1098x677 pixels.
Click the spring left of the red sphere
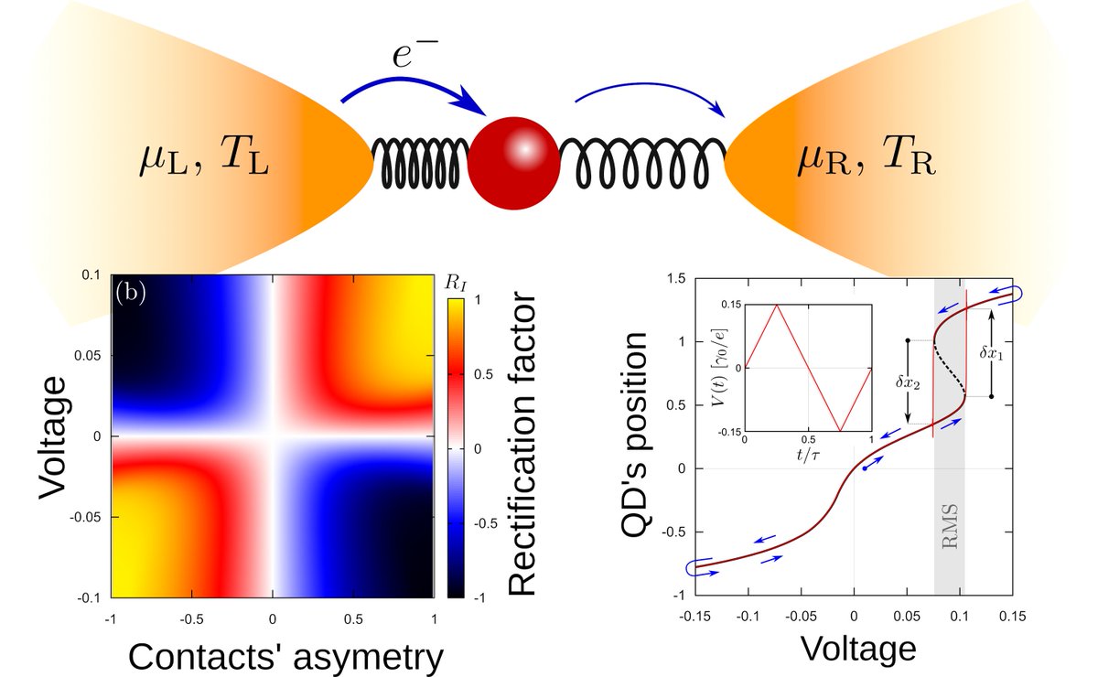(x=421, y=161)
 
